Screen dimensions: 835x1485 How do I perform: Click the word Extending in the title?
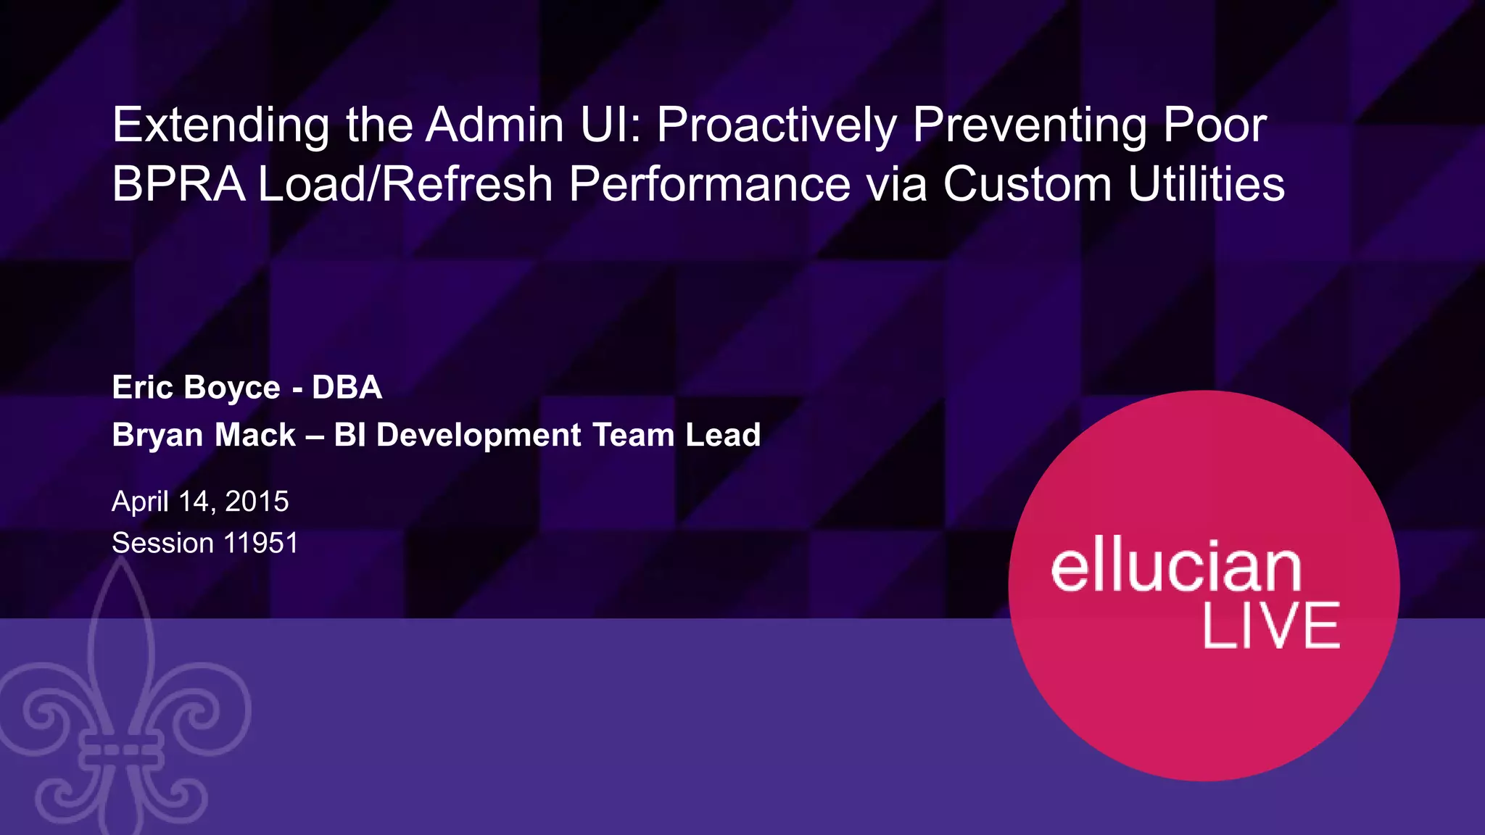coord(220,126)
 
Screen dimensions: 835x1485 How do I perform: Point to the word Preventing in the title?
coord(1030,126)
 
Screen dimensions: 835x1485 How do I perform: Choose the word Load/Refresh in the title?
coord(406,184)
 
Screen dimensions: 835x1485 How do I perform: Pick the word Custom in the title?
coord(1027,184)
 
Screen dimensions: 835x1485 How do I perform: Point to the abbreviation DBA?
coord(347,387)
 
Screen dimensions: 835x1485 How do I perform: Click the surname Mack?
coord(255,435)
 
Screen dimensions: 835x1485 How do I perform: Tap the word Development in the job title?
coord(479,435)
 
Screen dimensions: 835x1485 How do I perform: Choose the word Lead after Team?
coord(723,435)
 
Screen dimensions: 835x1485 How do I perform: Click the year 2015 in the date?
coord(257,502)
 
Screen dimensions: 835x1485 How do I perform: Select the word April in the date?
coord(140,502)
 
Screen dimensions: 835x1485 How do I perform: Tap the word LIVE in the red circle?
coord(1271,626)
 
